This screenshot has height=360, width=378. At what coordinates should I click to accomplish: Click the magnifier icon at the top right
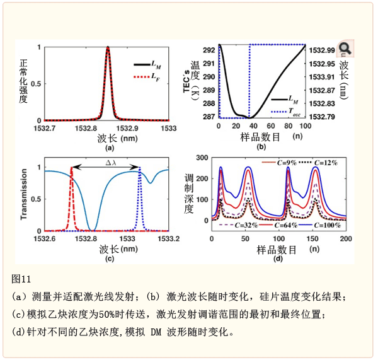click(344, 49)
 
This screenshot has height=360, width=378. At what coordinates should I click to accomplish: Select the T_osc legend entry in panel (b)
click(287, 111)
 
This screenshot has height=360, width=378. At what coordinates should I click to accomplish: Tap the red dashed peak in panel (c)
click(71, 168)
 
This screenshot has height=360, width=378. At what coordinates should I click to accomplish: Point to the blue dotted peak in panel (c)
click(139, 168)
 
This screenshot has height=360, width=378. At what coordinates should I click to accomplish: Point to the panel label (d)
click(278, 258)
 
